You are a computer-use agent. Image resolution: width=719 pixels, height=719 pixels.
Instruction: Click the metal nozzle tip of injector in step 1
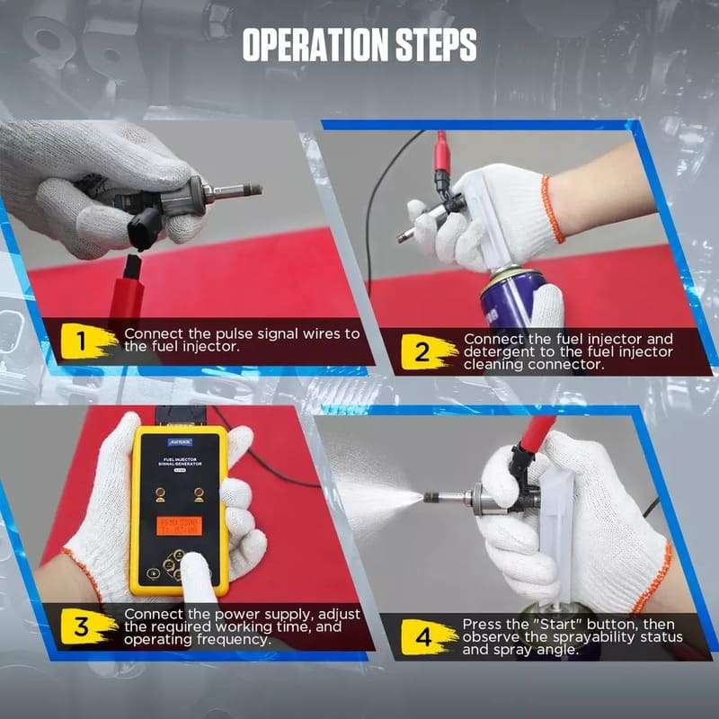242,190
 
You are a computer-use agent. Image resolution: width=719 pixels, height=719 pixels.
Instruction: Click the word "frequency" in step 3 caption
236,639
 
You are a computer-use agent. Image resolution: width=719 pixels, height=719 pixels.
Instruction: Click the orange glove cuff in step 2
552,208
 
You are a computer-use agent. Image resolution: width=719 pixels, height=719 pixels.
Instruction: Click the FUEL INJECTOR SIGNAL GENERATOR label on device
179,461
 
